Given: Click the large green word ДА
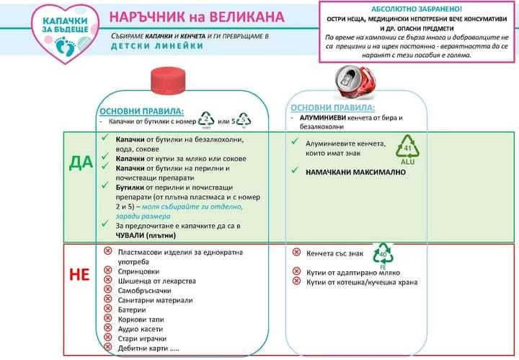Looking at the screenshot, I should click(81, 162).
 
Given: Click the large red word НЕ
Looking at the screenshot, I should click(79, 275).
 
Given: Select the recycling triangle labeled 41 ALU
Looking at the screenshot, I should click(407, 147).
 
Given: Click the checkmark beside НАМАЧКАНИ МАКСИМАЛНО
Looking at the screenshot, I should click(296, 171).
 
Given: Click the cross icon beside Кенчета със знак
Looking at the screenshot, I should click(297, 253).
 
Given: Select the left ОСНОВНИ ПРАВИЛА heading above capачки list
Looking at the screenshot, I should click(141, 111).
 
